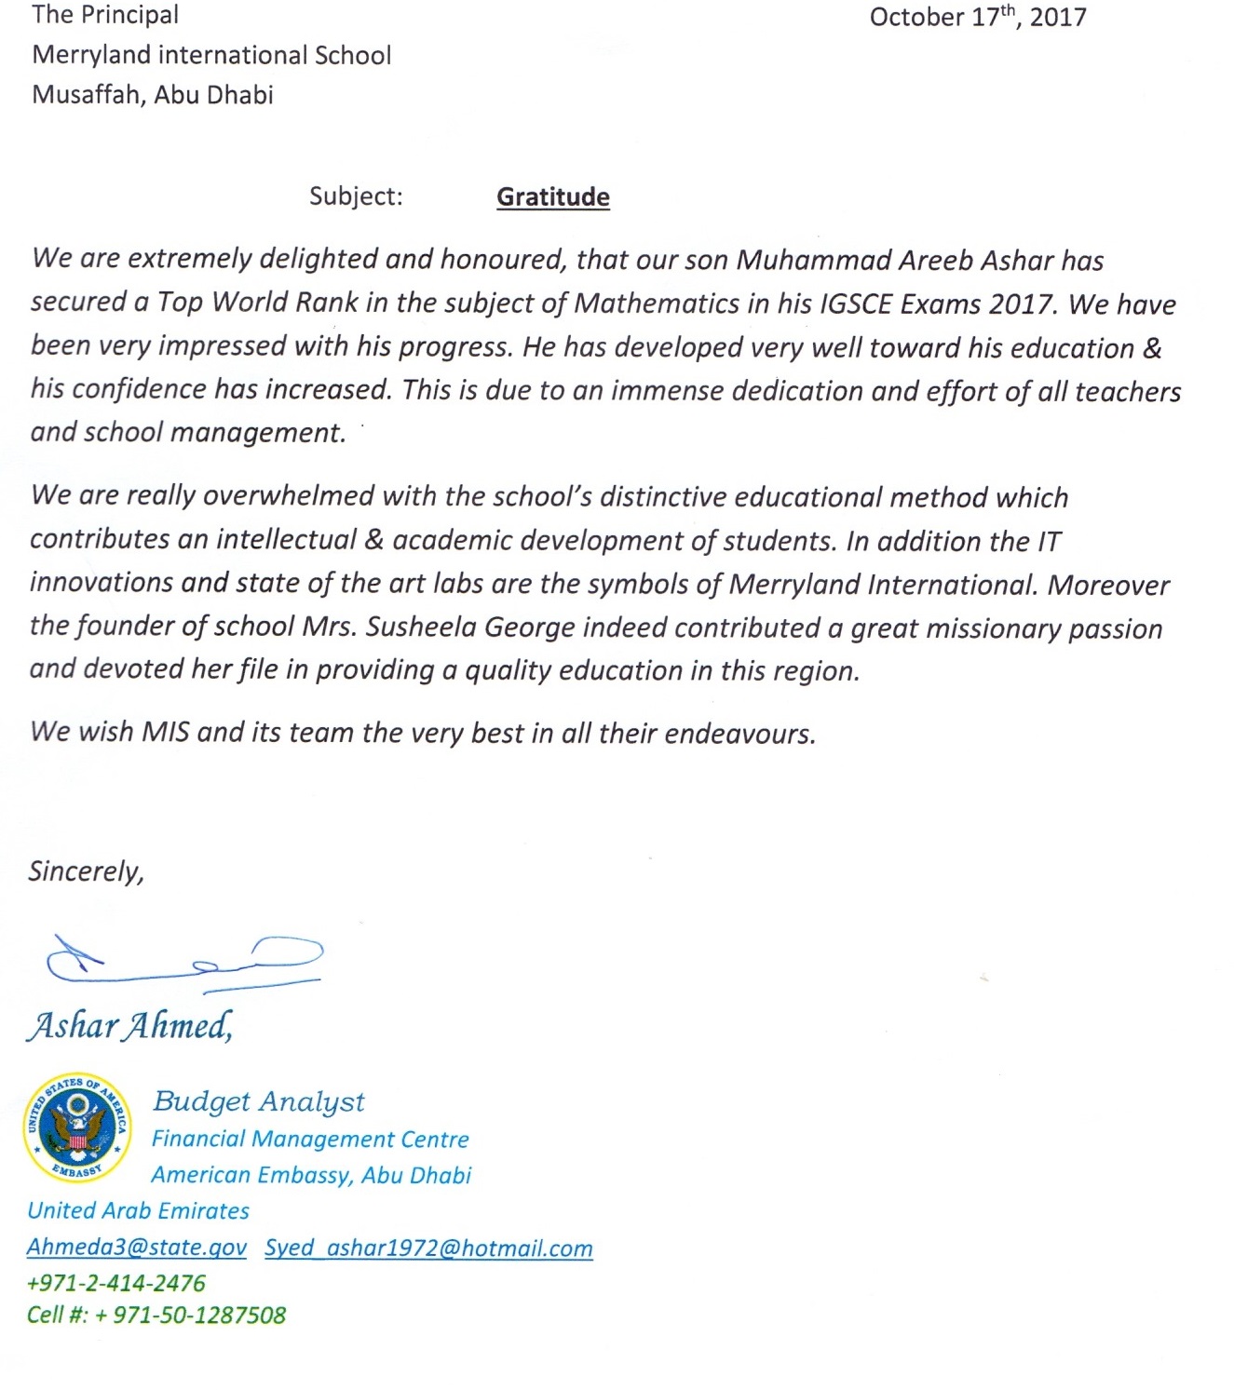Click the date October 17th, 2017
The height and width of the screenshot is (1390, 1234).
click(x=977, y=18)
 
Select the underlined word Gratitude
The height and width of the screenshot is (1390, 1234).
click(x=553, y=197)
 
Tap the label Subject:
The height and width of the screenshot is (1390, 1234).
click(x=356, y=196)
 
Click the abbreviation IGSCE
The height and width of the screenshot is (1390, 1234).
click(x=851, y=304)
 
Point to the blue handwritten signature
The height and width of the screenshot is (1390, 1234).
click(x=184, y=960)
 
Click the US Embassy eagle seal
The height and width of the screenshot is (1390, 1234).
click(x=77, y=1127)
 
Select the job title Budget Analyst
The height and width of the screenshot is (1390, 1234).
click(x=259, y=1101)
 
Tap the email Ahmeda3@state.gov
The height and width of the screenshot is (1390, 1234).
click(x=137, y=1248)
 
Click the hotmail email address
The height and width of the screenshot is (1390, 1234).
click(x=428, y=1248)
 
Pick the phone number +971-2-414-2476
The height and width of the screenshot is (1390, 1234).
click(x=116, y=1283)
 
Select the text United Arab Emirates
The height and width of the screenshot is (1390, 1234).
click(x=139, y=1211)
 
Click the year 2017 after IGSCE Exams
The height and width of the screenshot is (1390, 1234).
click(x=1022, y=304)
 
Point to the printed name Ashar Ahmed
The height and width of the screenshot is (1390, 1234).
click(x=129, y=1026)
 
